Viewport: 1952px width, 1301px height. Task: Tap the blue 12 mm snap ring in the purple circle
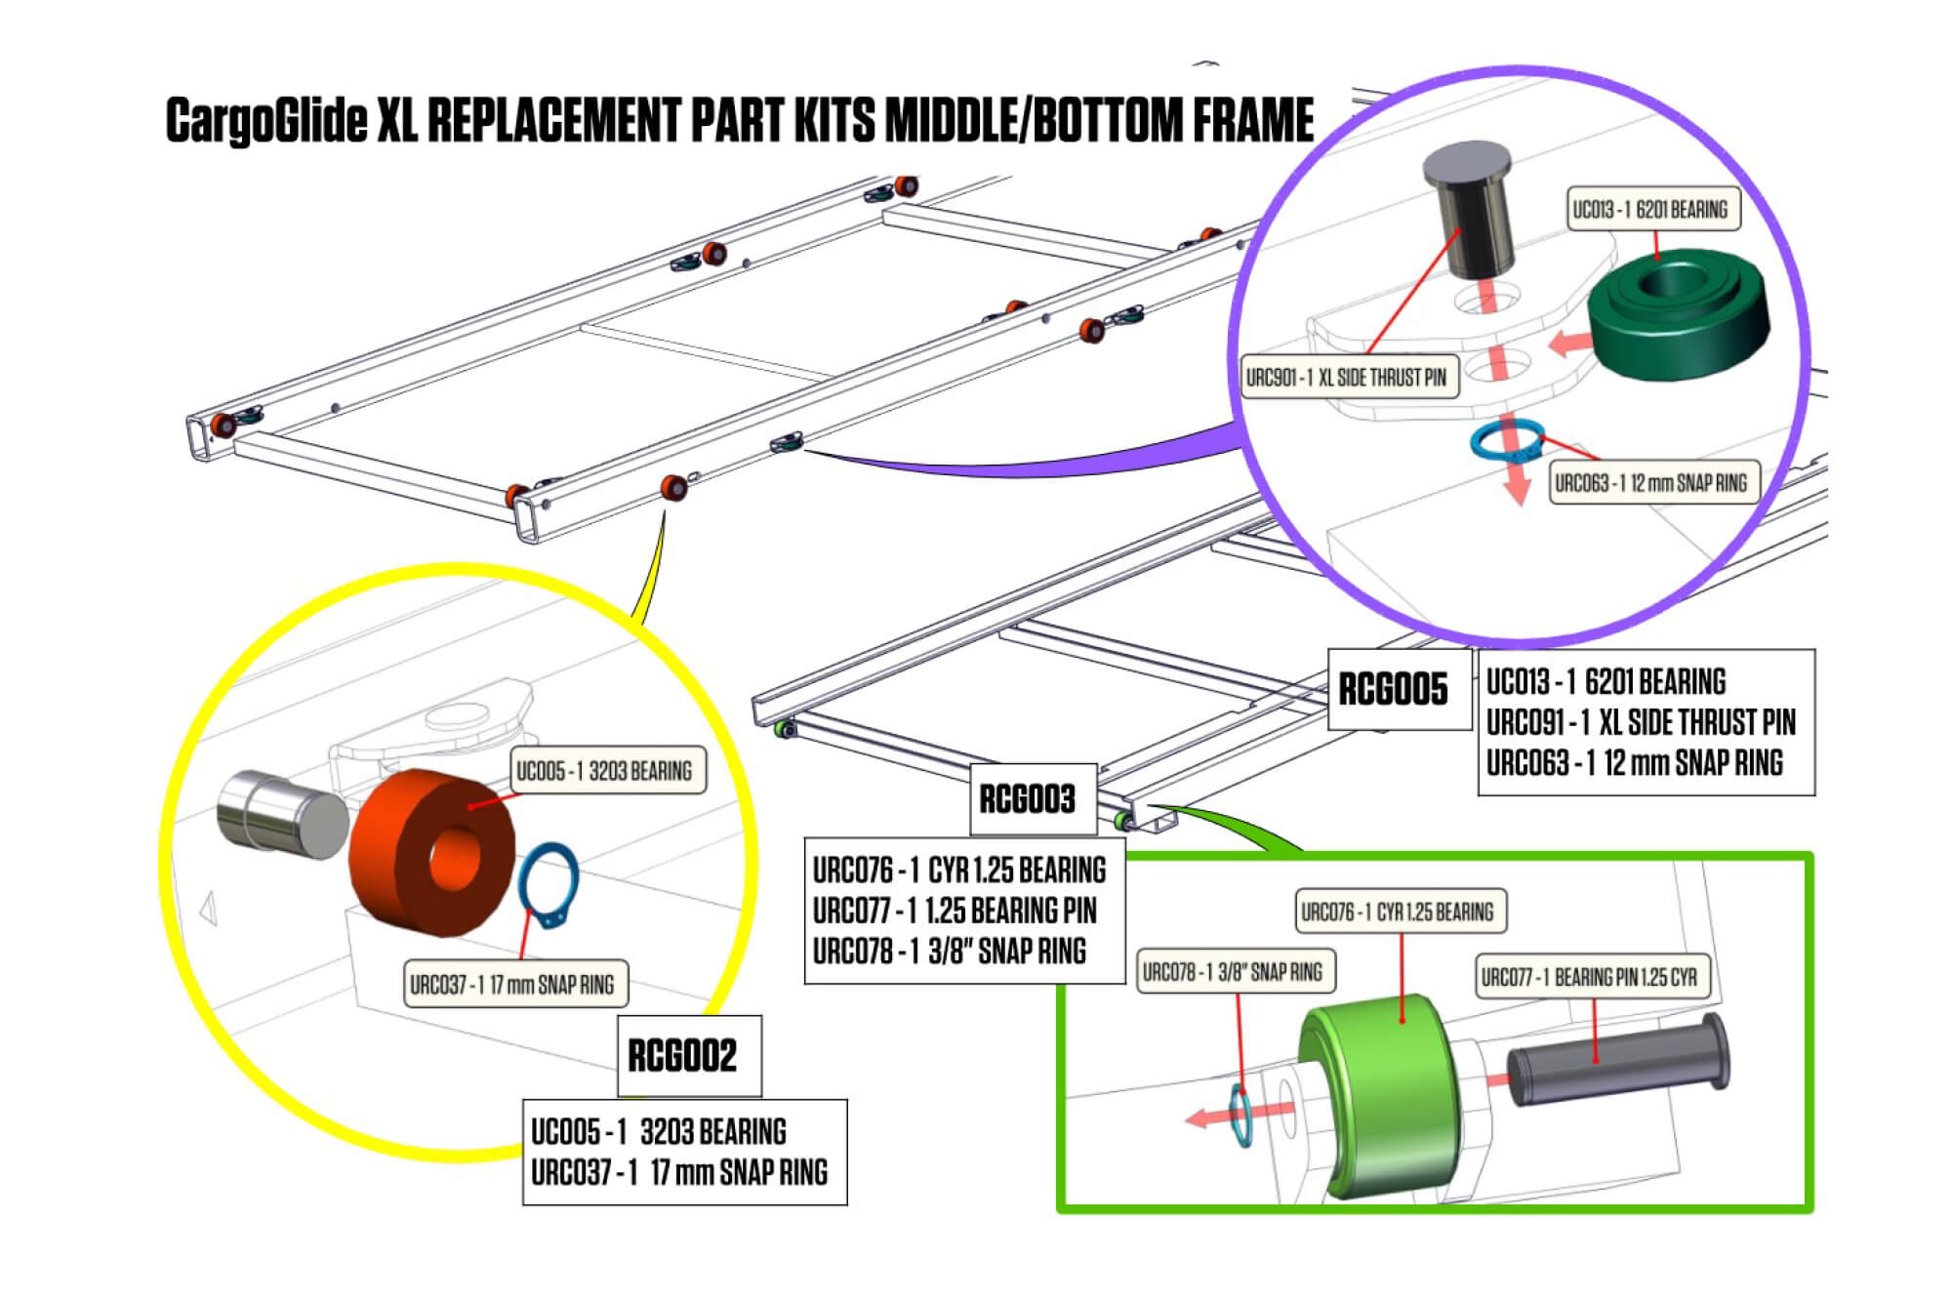(x=1507, y=441)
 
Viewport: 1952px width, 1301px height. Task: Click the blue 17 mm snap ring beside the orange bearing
(x=549, y=884)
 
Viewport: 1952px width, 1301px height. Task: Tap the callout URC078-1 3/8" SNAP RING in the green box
(x=1235, y=972)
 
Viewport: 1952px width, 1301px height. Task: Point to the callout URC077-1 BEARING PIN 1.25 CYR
(x=1591, y=976)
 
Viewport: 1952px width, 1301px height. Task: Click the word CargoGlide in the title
(x=265, y=120)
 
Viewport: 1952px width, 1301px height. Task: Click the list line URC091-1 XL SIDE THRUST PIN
(x=1641, y=722)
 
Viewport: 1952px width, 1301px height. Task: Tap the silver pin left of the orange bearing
(x=280, y=815)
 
